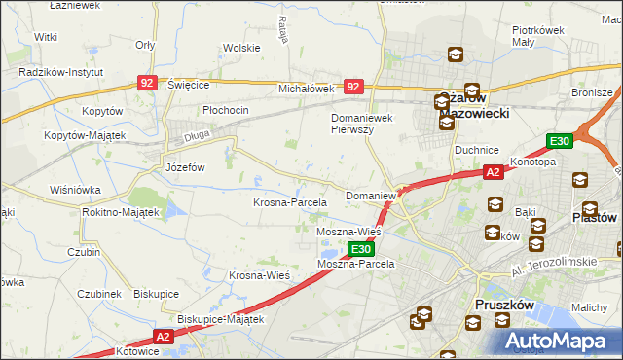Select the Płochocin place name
[226, 110]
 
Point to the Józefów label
[184, 166]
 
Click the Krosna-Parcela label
[289, 202]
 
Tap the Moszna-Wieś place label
[348, 233]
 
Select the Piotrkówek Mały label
[538, 36]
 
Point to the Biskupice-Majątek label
[221, 318]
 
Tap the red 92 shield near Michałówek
[354, 88]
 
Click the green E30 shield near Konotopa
[559, 141]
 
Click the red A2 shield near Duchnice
[494, 172]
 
